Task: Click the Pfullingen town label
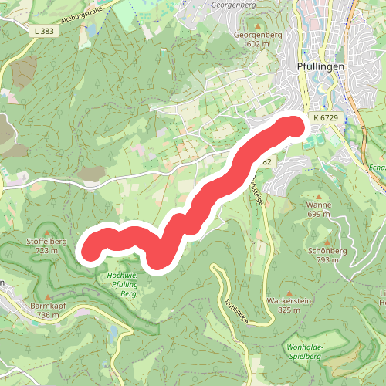click(320, 67)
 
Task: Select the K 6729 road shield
click(327, 117)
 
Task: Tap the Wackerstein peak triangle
click(288, 289)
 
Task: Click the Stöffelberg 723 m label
click(49, 245)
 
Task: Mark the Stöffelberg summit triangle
click(49, 232)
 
